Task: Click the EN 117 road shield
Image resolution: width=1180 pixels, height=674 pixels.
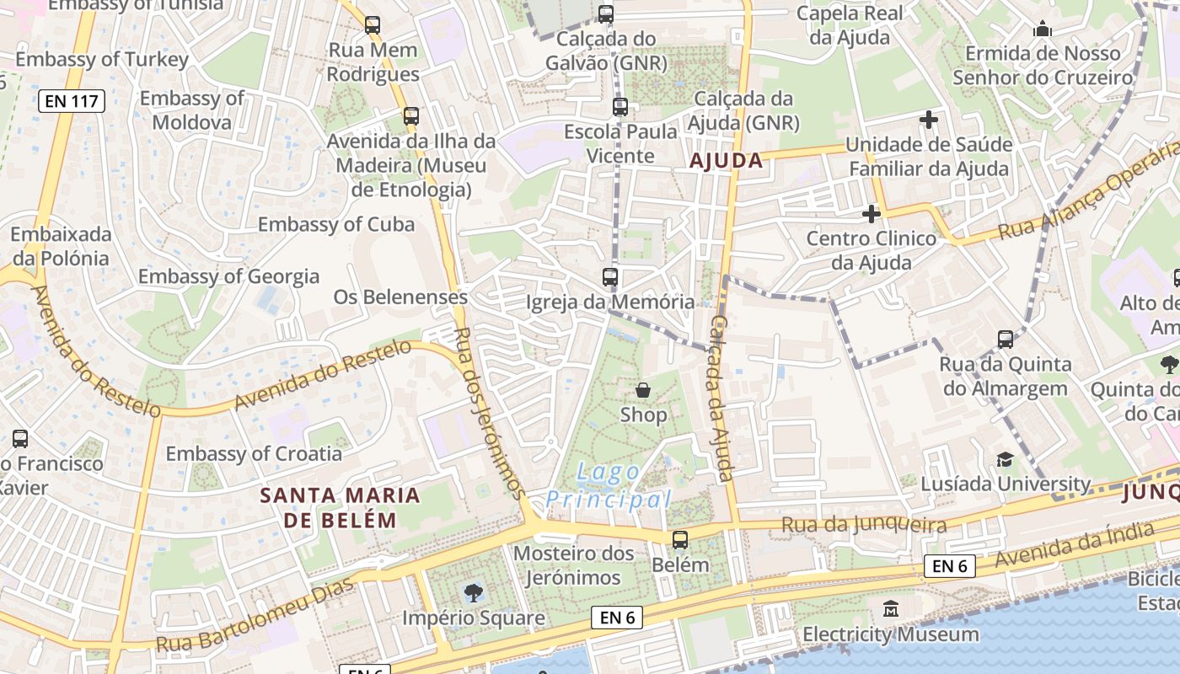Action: click(x=72, y=102)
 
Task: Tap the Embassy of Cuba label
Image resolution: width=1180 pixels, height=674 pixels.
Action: click(x=335, y=224)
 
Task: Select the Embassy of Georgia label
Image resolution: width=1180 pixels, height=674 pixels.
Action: click(x=228, y=276)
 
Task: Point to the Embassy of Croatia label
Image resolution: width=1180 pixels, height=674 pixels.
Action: click(x=254, y=453)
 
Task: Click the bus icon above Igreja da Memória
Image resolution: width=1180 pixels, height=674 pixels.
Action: click(x=610, y=276)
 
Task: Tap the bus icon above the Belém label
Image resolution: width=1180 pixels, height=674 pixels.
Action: click(x=680, y=540)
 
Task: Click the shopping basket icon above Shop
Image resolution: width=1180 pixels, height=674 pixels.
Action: click(x=643, y=390)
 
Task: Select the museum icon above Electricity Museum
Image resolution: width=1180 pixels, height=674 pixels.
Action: click(x=891, y=608)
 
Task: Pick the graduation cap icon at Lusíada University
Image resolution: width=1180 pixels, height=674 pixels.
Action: click(x=1005, y=459)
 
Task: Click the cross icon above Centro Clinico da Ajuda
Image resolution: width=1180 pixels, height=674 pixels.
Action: click(x=872, y=214)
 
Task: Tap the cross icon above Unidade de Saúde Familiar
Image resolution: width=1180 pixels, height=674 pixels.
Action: click(x=929, y=120)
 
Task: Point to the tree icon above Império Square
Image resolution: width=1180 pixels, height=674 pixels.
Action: click(x=474, y=592)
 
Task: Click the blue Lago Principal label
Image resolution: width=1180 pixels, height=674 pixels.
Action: click(x=609, y=486)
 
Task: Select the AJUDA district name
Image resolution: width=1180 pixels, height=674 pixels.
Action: click(x=726, y=160)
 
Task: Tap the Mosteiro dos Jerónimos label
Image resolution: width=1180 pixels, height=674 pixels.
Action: click(x=573, y=565)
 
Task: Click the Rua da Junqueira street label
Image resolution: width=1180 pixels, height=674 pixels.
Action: click(x=863, y=526)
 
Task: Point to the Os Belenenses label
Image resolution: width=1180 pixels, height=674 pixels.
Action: click(x=400, y=297)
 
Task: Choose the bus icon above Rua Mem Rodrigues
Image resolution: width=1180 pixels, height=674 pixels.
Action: click(x=373, y=25)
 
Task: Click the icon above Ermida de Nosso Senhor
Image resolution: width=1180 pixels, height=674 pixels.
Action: click(x=1043, y=30)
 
